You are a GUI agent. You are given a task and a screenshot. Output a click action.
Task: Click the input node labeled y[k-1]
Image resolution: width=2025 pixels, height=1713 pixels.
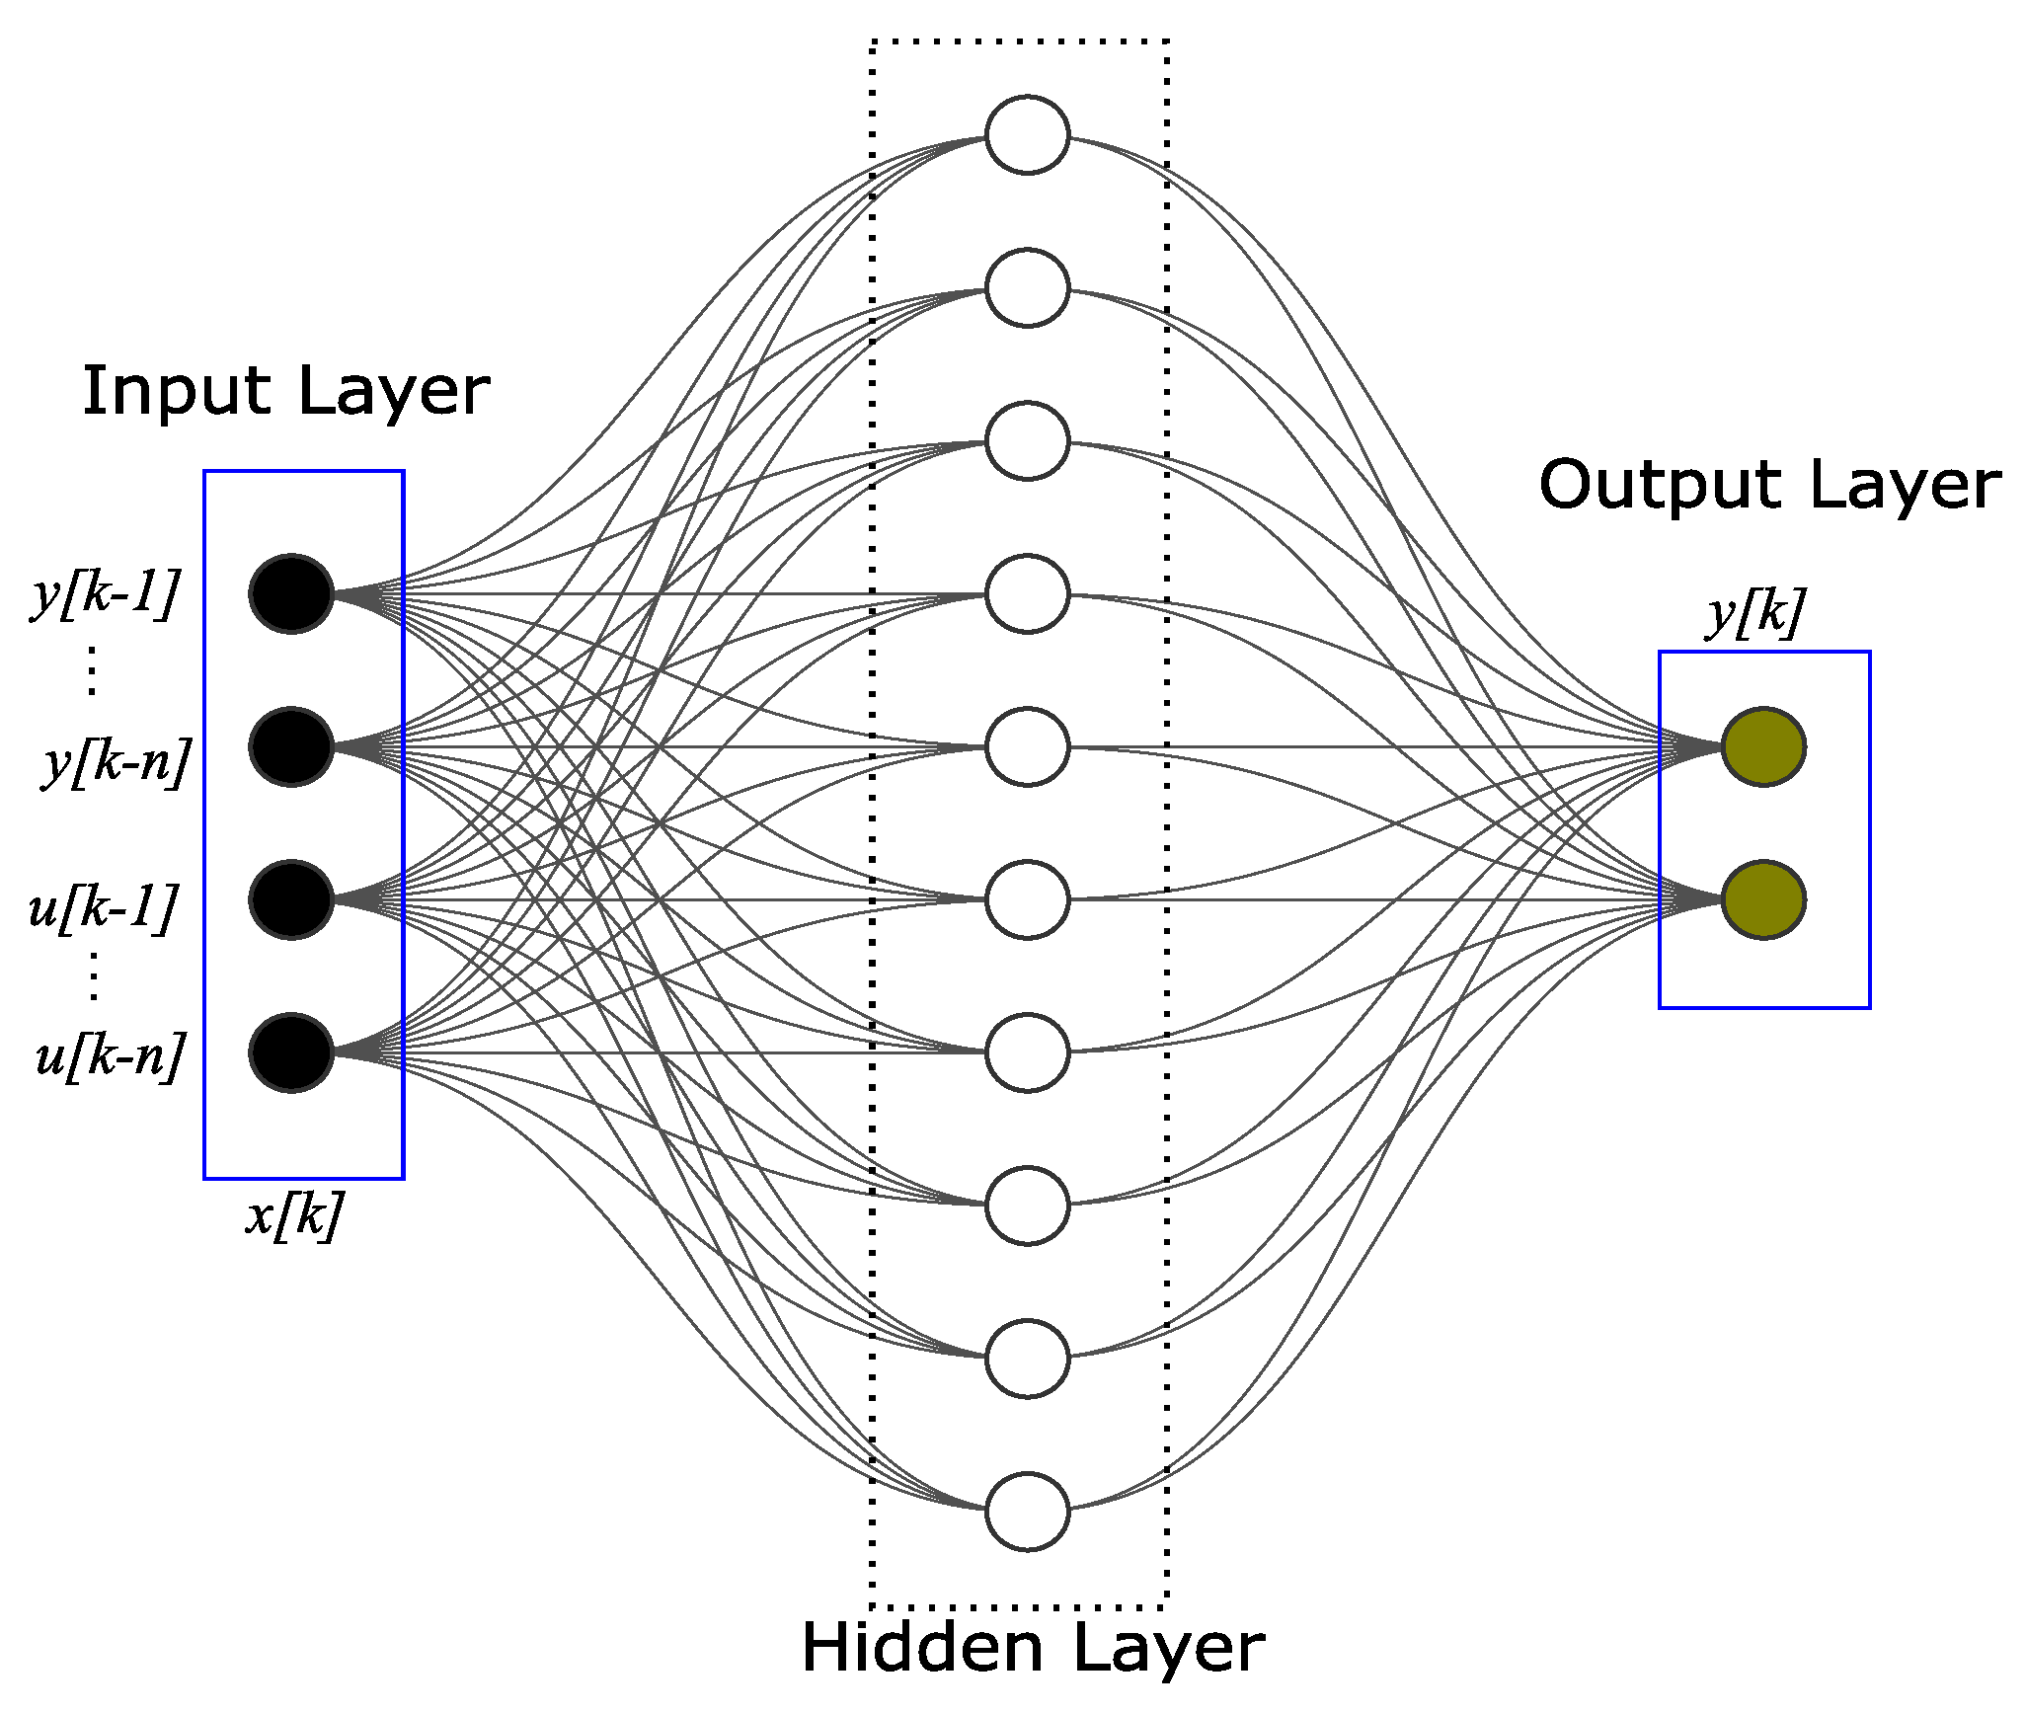[x=291, y=593]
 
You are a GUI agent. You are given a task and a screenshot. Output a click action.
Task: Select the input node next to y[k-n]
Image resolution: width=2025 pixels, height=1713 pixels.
[x=291, y=746]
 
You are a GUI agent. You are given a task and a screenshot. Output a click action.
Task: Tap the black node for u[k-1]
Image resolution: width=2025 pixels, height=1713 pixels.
[x=291, y=899]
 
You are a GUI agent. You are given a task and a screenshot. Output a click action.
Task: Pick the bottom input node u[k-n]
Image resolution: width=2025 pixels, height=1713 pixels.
[x=291, y=1052]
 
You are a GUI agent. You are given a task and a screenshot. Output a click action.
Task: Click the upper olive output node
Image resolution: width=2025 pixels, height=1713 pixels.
[x=1763, y=746]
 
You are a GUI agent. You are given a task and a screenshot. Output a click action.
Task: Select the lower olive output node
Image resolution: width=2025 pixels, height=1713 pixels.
[x=1763, y=899]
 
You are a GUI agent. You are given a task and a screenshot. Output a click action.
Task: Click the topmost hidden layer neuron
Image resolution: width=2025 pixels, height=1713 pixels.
[x=1027, y=135]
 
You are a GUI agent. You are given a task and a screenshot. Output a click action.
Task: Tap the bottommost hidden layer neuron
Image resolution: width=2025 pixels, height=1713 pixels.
[x=1027, y=1512]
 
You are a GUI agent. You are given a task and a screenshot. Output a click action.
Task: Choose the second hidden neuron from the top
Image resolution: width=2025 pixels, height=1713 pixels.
[x=1027, y=288]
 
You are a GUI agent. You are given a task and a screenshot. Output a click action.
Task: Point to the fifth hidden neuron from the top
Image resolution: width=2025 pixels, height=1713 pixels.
[x=1027, y=746]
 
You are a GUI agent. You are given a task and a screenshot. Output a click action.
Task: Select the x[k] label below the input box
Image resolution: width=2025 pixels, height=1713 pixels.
[x=294, y=1214]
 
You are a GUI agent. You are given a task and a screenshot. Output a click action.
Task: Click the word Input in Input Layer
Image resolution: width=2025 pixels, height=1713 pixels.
[x=176, y=392]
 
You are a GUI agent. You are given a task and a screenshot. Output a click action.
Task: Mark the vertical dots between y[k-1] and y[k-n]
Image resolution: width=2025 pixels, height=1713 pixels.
[x=92, y=671]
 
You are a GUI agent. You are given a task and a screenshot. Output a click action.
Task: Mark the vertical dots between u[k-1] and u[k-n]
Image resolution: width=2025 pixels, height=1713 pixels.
[x=94, y=977]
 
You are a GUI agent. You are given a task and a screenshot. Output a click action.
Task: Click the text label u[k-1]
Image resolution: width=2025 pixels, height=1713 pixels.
[x=104, y=906]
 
